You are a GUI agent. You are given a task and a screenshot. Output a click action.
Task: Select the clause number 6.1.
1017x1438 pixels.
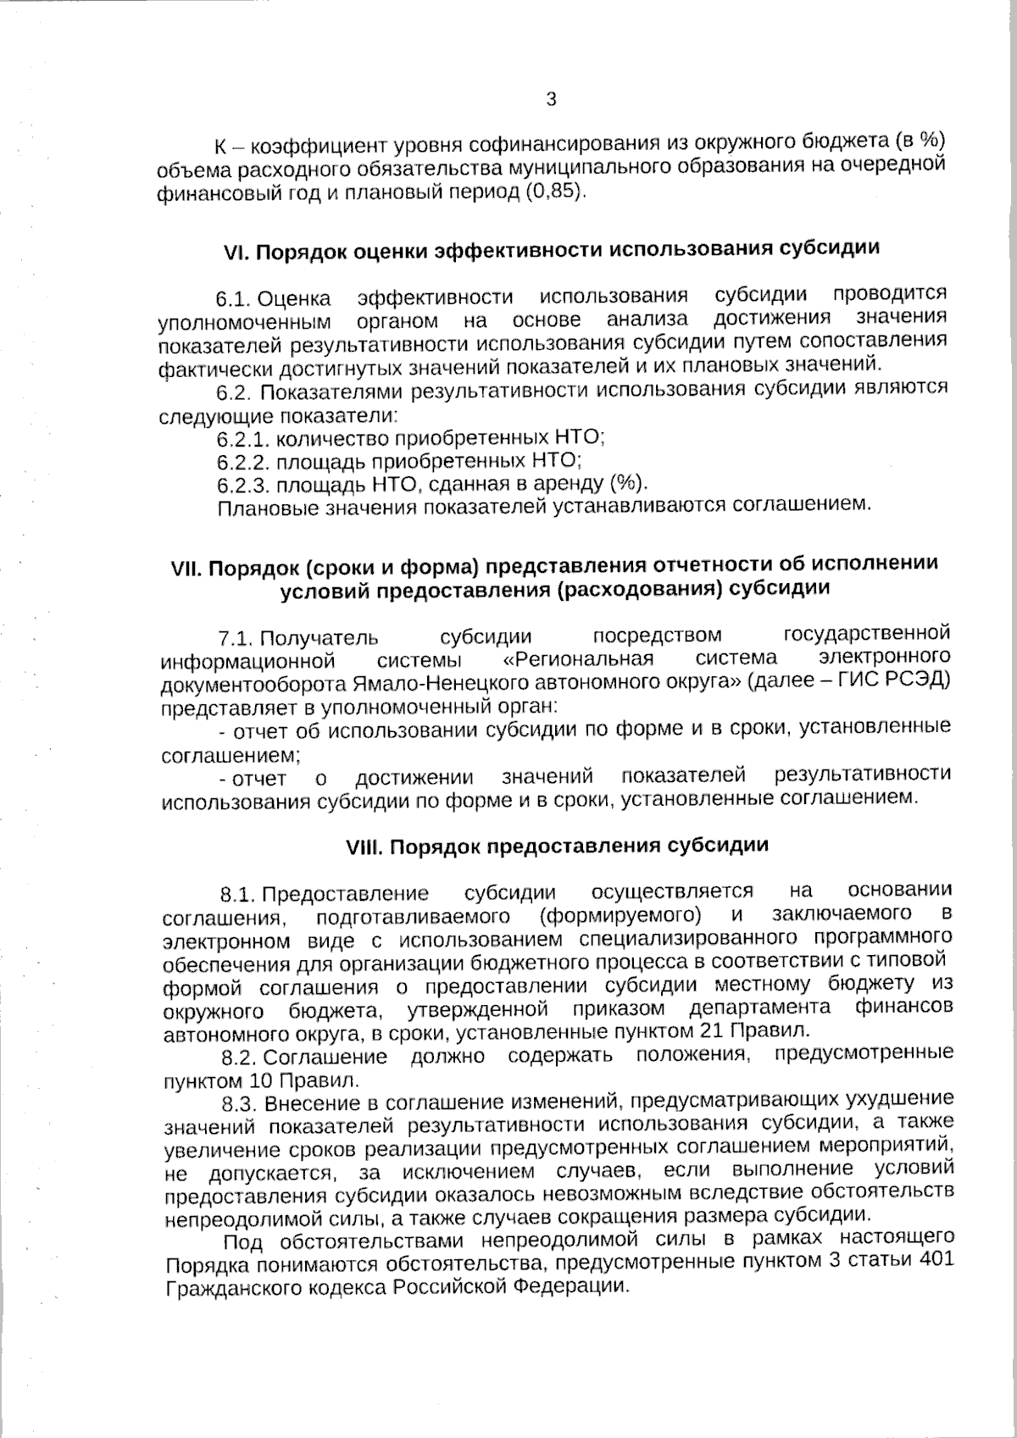click(232, 299)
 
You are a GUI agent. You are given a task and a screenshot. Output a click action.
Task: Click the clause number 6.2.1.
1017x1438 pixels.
click(243, 439)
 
